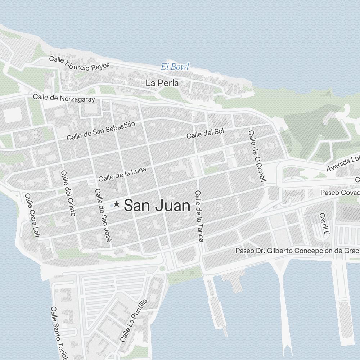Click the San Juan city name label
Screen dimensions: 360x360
(157, 206)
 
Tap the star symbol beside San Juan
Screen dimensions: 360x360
(117, 204)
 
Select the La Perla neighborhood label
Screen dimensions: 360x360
(162, 83)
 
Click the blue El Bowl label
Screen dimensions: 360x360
(175, 67)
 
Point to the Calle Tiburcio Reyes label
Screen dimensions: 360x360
(79, 63)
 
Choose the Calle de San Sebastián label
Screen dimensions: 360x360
(101, 131)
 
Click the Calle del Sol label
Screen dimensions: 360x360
(205, 133)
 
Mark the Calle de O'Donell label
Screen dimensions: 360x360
(256, 156)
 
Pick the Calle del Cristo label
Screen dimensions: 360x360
(68, 193)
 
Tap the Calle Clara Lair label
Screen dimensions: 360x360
(32, 216)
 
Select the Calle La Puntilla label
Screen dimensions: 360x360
(134, 320)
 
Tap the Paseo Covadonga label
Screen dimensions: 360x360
(340, 193)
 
